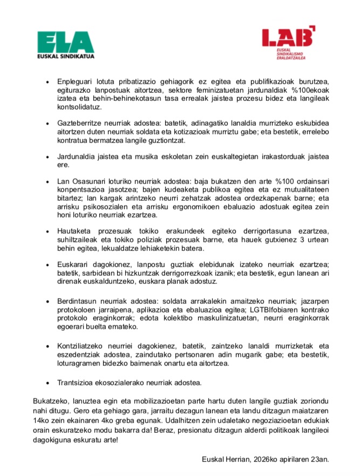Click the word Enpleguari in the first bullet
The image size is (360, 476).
point(75,81)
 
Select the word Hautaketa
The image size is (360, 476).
point(76,231)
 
